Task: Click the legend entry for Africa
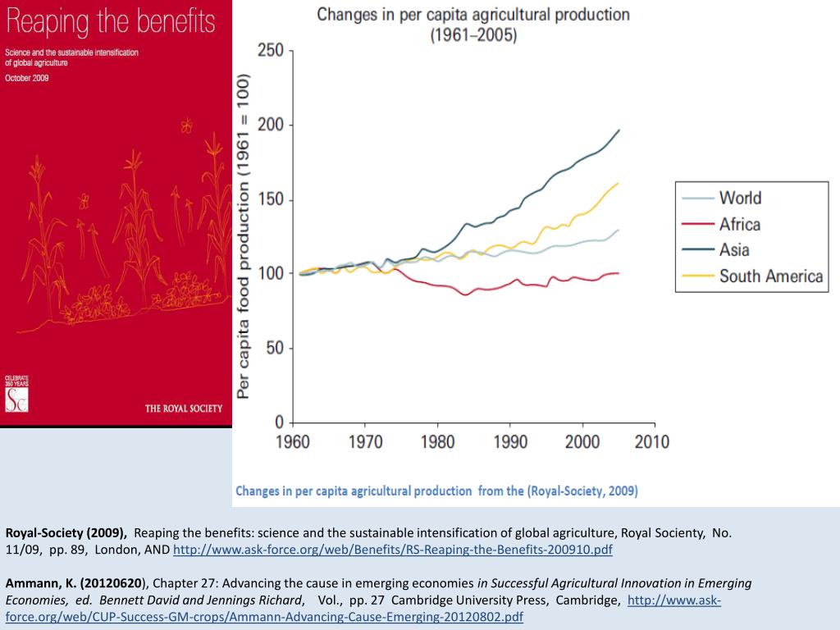[x=739, y=224]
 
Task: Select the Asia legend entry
[x=734, y=250]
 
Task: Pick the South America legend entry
[x=770, y=276]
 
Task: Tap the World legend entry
[x=740, y=198]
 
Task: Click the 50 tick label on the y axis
[x=275, y=348]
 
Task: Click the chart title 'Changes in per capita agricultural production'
[x=473, y=15]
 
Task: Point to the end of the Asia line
[x=619, y=130]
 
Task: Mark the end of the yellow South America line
[x=618, y=183]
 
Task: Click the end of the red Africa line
[x=619, y=272]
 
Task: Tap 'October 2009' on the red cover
[x=27, y=77]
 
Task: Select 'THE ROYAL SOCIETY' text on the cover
[x=183, y=409]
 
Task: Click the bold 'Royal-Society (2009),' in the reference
[x=66, y=532]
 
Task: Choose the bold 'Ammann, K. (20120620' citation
[x=74, y=583]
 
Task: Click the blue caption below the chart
[x=436, y=491]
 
